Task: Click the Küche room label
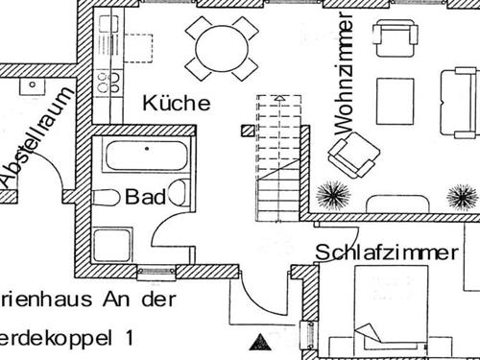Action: click(x=176, y=103)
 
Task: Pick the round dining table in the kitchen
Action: click(x=221, y=44)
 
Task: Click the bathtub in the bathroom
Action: click(x=144, y=156)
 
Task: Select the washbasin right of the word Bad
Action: click(x=178, y=192)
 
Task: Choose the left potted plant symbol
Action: click(x=332, y=195)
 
